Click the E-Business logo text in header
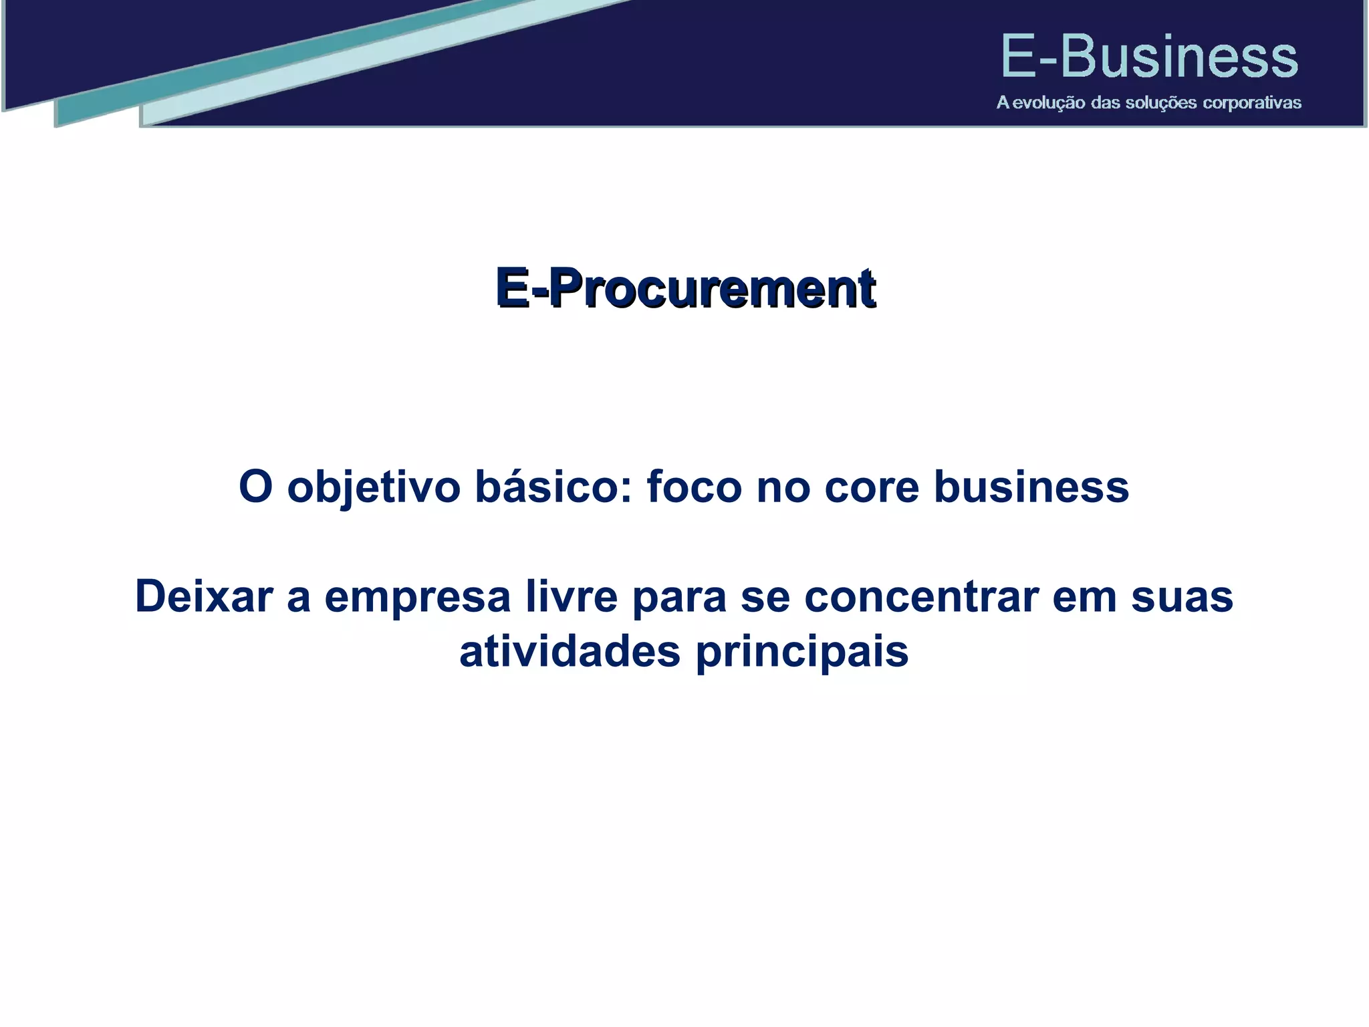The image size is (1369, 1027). click(x=1148, y=58)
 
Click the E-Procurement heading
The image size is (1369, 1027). click(x=684, y=288)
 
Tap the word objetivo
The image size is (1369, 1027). click(x=373, y=487)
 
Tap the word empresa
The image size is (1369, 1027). click(x=418, y=597)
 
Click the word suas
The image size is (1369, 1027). click(x=1182, y=597)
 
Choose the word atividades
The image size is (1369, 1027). click(x=570, y=651)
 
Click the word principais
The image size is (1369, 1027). click(x=802, y=653)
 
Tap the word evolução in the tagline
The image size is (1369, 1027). click(x=1048, y=103)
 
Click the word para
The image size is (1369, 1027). click(x=678, y=597)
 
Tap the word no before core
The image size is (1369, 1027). click(x=782, y=487)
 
